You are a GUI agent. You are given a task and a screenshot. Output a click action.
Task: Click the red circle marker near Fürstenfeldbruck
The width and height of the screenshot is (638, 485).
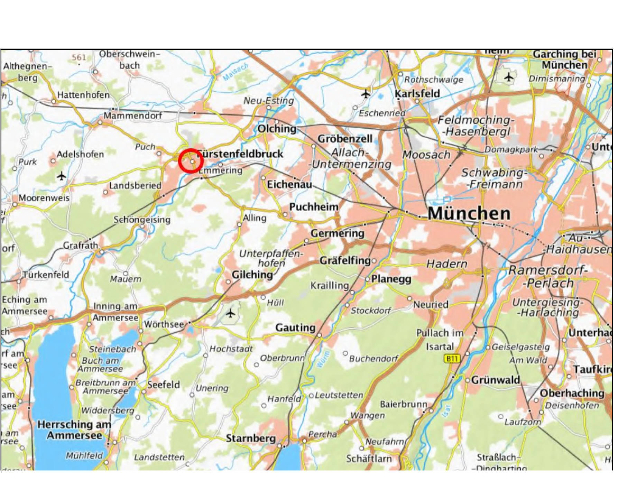pyautogui.click(x=191, y=161)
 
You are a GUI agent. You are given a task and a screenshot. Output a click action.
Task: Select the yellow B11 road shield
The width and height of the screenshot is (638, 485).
pyautogui.click(x=452, y=358)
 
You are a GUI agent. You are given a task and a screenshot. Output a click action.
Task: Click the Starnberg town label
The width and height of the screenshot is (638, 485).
pyautogui.click(x=251, y=438)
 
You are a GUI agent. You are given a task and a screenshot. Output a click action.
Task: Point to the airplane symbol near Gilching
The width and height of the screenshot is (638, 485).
pyautogui.click(x=230, y=313)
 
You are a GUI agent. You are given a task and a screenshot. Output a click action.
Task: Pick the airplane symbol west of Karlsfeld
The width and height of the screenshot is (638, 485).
pyautogui.click(x=366, y=93)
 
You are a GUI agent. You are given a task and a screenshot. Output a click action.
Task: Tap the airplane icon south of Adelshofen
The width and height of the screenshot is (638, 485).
pyautogui.click(x=62, y=176)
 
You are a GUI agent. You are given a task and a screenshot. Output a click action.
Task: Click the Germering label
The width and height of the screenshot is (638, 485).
pyautogui.click(x=337, y=233)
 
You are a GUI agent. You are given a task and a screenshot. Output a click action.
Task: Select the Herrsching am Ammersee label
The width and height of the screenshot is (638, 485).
pyautogui.click(x=74, y=430)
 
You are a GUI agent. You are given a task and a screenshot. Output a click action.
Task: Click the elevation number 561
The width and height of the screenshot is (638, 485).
pyautogui.click(x=79, y=57)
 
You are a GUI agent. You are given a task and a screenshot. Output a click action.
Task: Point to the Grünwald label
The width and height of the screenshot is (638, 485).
pyautogui.click(x=495, y=380)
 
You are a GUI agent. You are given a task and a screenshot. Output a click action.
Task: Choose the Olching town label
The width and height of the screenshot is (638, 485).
pyautogui.click(x=277, y=129)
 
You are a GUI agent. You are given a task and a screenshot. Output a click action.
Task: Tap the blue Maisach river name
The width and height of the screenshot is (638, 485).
pyautogui.click(x=235, y=72)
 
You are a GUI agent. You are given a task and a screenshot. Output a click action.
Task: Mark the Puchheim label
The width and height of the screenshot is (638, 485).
pyautogui.click(x=314, y=207)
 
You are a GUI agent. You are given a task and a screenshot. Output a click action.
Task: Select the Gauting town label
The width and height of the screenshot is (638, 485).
pyautogui.click(x=295, y=327)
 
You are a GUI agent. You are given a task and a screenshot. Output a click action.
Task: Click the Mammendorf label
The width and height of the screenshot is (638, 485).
pyautogui.click(x=133, y=115)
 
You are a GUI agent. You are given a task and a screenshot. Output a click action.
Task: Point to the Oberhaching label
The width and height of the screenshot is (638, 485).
pyautogui.click(x=572, y=393)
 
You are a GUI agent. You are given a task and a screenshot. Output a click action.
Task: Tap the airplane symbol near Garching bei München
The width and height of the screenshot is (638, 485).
pyautogui.click(x=508, y=77)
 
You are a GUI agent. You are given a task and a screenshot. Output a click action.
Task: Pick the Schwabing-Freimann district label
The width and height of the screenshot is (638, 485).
pyautogui.click(x=494, y=178)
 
